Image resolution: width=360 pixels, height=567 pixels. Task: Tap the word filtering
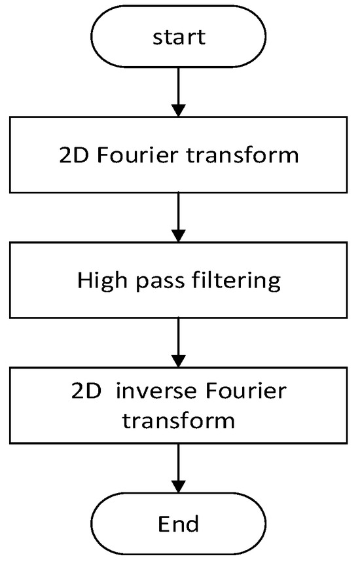[x=235, y=281]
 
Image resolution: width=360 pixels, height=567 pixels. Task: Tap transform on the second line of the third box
[x=179, y=420]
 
